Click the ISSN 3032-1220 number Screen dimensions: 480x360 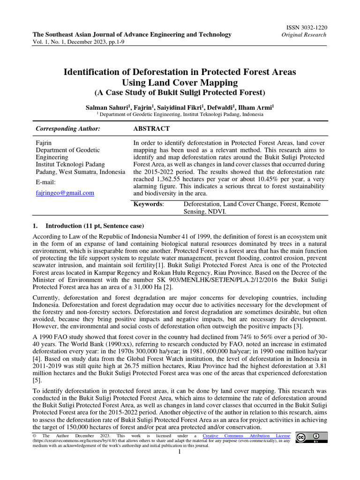[x=305, y=28]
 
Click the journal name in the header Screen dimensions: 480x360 [x=132, y=35]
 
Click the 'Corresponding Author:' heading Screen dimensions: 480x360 [x=68, y=128]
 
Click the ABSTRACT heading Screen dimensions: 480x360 [x=151, y=128]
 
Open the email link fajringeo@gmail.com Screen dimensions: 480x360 [x=65, y=193]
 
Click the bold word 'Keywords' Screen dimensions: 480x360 [x=148, y=204]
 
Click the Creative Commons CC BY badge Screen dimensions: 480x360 [x=310, y=437]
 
